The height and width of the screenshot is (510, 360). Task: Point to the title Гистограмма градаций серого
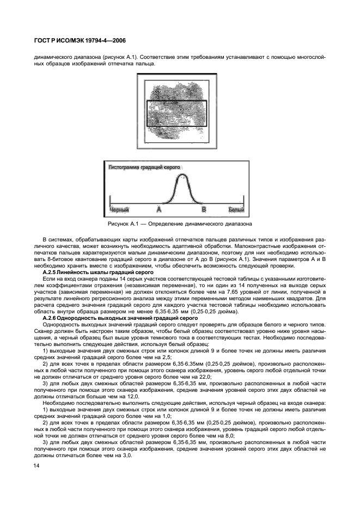coord(145,168)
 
